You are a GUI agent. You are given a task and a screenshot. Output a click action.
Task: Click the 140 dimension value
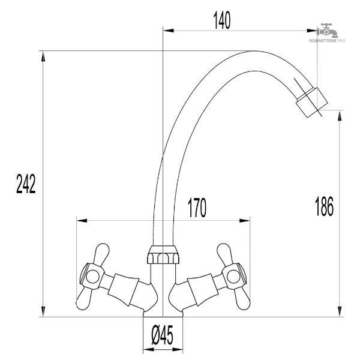(222, 20)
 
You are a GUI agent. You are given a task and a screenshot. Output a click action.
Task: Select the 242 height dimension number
(26, 184)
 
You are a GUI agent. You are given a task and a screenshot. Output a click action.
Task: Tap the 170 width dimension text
(197, 208)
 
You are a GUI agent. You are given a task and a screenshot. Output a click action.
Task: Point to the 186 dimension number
(324, 206)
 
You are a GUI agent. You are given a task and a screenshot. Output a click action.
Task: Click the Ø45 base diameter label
(163, 335)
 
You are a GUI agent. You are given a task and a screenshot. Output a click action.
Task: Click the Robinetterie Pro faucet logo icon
(327, 31)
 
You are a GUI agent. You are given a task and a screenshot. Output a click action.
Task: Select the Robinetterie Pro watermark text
(328, 41)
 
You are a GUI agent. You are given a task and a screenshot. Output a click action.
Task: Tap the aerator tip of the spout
(312, 103)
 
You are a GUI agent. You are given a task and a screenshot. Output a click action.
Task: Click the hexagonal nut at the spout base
(163, 254)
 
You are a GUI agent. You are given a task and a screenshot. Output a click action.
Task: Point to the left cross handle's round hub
(92, 276)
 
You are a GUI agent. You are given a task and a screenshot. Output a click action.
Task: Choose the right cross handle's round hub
(233, 276)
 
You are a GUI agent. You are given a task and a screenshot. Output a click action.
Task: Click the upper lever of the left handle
(101, 254)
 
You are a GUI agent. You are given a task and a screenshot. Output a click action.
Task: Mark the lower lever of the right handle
(242, 298)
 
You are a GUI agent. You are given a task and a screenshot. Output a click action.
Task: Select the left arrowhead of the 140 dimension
(168, 31)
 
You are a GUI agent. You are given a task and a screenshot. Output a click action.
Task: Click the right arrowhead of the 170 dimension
(245, 221)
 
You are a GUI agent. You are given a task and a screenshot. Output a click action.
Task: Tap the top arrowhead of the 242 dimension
(43, 56)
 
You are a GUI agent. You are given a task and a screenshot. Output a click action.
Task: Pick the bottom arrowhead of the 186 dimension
(340, 311)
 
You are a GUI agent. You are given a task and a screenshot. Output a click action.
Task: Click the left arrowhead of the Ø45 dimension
(149, 350)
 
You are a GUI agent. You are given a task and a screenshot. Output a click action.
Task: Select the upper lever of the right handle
(225, 254)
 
